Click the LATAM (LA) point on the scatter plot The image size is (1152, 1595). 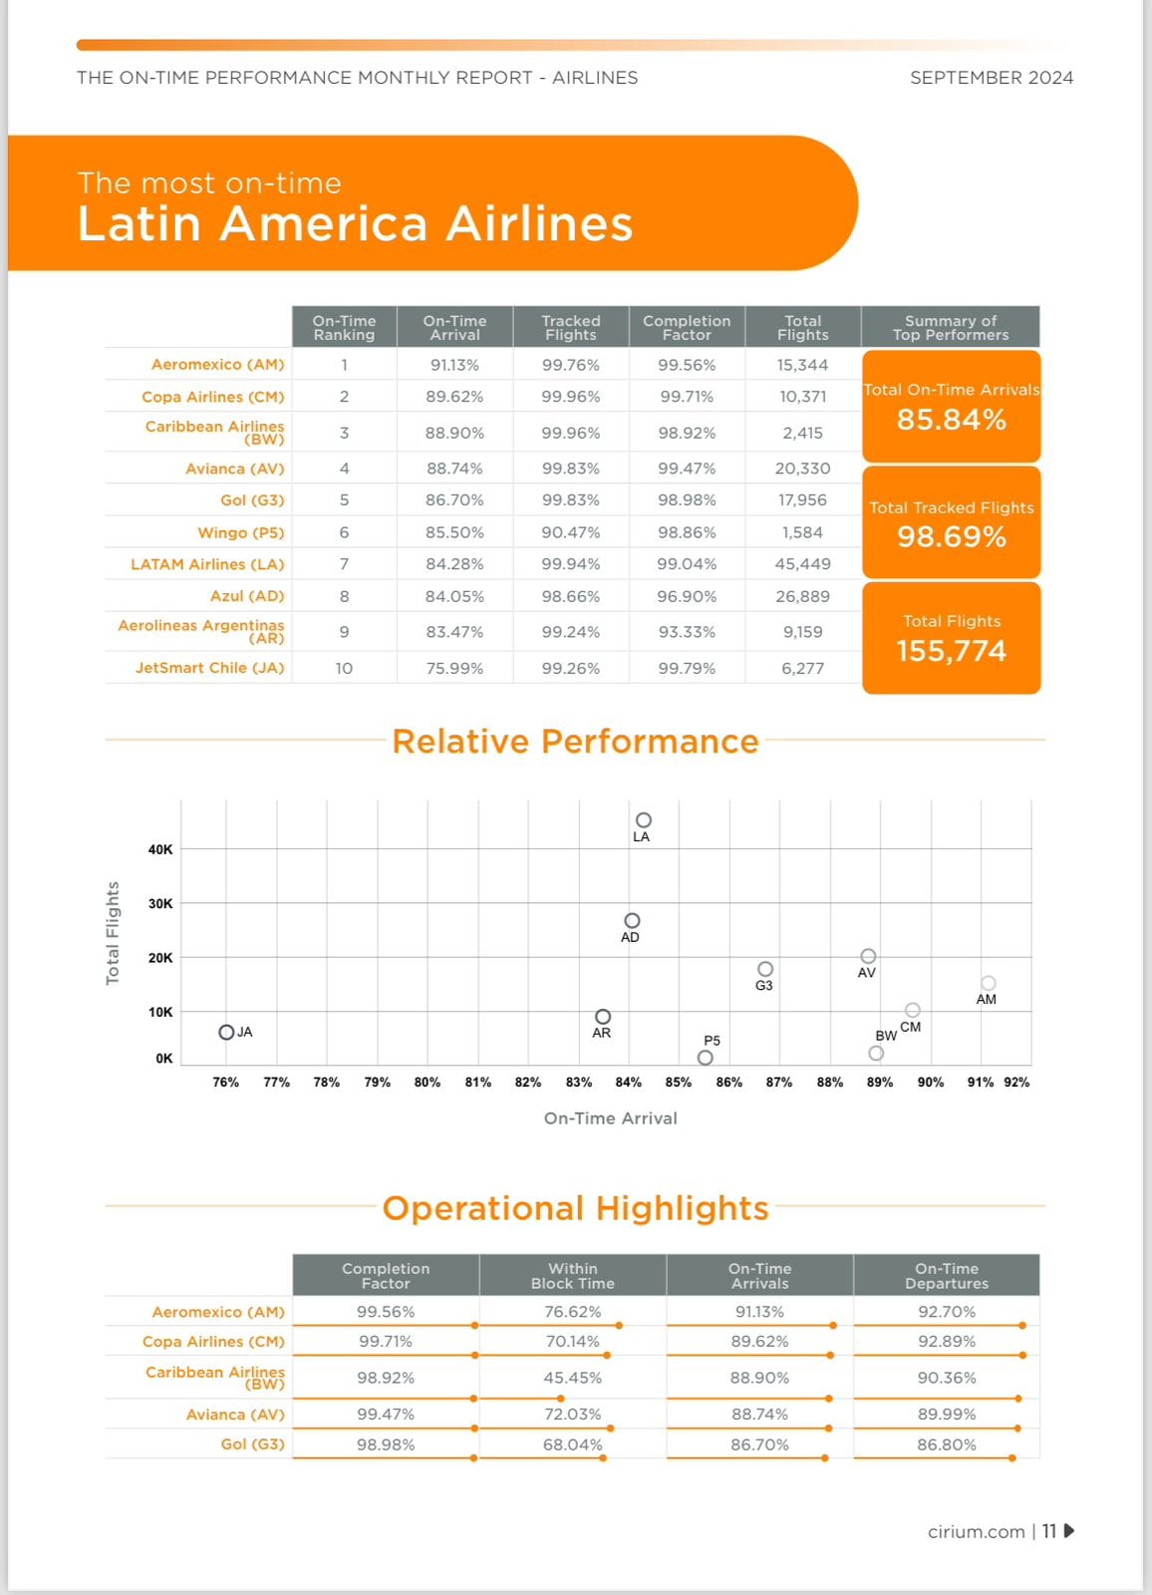(644, 820)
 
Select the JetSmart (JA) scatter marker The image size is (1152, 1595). (226, 1033)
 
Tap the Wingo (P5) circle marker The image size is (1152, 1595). (706, 1058)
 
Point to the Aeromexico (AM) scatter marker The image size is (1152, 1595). (989, 984)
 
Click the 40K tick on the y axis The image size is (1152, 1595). (160, 849)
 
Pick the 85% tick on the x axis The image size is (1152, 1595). (679, 1082)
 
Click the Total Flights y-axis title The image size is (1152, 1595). (113, 933)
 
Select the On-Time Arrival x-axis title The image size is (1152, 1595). (610, 1118)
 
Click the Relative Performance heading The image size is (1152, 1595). (575, 742)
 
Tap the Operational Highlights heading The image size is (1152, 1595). (575, 1208)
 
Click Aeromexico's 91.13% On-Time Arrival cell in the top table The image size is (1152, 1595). (454, 365)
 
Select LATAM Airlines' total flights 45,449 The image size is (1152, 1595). (802, 564)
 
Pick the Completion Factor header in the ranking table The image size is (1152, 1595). (687, 328)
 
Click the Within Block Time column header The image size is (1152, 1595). (572, 1276)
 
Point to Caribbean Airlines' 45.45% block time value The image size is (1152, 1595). (572, 1378)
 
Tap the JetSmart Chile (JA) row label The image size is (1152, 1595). (209, 668)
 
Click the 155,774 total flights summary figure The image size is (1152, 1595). (951, 651)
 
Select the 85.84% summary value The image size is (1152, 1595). (951, 420)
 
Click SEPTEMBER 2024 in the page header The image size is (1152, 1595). (991, 78)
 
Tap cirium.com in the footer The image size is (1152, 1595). (976, 1531)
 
